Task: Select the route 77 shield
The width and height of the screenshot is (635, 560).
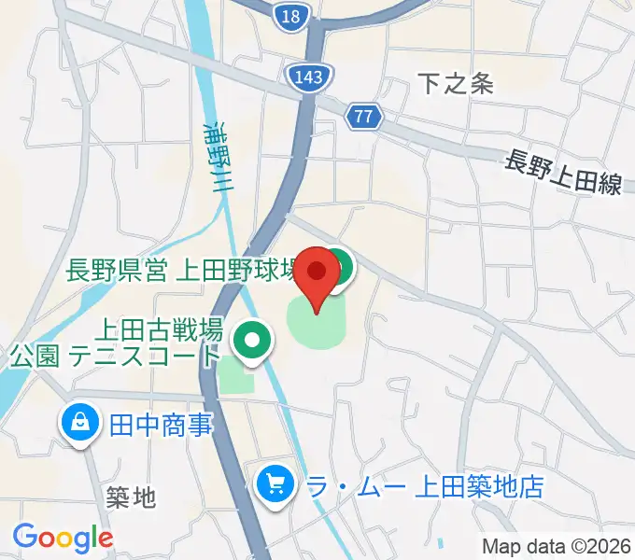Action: (x=363, y=117)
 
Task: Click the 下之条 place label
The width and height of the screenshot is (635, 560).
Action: (x=454, y=84)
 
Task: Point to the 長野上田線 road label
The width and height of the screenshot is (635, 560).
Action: (x=563, y=173)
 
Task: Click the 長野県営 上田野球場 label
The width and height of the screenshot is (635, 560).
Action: (x=183, y=272)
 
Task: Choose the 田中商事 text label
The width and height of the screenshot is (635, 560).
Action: (x=161, y=426)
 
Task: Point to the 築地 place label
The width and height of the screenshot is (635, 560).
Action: (x=131, y=497)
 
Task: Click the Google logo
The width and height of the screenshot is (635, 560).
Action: (x=63, y=537)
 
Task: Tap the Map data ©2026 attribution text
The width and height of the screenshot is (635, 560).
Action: (x=555, y=546)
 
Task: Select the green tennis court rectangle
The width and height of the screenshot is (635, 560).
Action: (x=236, y=375)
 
